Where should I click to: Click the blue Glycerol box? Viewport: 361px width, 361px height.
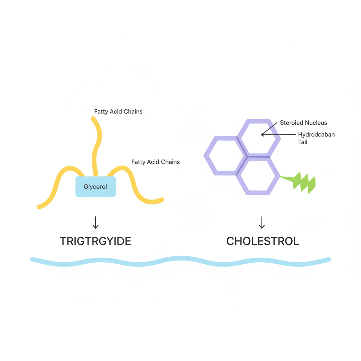pos(96,186)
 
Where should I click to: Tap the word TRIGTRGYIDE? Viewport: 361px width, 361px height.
pos(95,241)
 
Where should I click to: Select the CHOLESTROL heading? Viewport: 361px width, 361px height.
pos(263,241)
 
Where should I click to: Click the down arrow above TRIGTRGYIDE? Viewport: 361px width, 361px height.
pos(96,222)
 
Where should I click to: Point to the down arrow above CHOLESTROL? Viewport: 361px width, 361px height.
pos(262,222)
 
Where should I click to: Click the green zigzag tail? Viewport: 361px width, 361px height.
pos(302,182)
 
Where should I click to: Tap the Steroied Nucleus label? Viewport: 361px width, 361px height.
pos(304,123)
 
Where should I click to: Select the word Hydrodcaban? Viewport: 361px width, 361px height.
pos(316,134)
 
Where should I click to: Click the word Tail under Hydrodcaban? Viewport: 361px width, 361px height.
pos(303,142)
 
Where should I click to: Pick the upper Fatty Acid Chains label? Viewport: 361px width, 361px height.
pos(118,112)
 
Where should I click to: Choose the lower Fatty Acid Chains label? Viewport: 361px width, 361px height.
pos(155,162)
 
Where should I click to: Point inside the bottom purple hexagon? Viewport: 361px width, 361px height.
pos(258,176)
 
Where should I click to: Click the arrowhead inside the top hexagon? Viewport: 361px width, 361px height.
pos(262,135)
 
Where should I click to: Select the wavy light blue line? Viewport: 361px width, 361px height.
pos(180,261)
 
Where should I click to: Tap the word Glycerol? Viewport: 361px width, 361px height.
pos(95,187)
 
